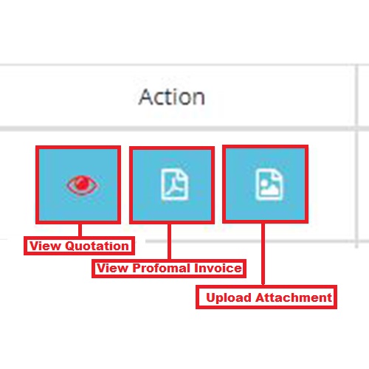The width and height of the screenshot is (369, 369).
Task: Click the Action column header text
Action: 172,97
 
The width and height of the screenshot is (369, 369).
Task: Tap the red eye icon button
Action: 78,184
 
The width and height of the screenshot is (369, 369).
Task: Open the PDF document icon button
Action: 172,185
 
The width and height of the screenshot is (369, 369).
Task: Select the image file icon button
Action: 265,184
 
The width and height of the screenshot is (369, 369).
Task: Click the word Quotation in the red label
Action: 97,246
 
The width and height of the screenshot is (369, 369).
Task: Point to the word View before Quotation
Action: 45,246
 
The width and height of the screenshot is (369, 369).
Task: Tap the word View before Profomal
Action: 112,268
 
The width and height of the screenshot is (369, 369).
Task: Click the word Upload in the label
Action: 229,297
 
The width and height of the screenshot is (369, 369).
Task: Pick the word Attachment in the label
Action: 294,297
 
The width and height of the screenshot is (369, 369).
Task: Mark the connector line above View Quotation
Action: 80,230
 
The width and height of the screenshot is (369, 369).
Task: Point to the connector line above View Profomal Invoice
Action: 169,241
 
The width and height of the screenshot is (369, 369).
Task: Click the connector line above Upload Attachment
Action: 263,254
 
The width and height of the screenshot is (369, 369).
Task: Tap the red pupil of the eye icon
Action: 82,184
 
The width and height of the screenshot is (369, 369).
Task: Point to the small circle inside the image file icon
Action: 264,183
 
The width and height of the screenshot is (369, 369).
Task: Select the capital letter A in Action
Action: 147,97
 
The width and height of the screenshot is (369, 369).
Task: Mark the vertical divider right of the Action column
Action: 357,156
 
